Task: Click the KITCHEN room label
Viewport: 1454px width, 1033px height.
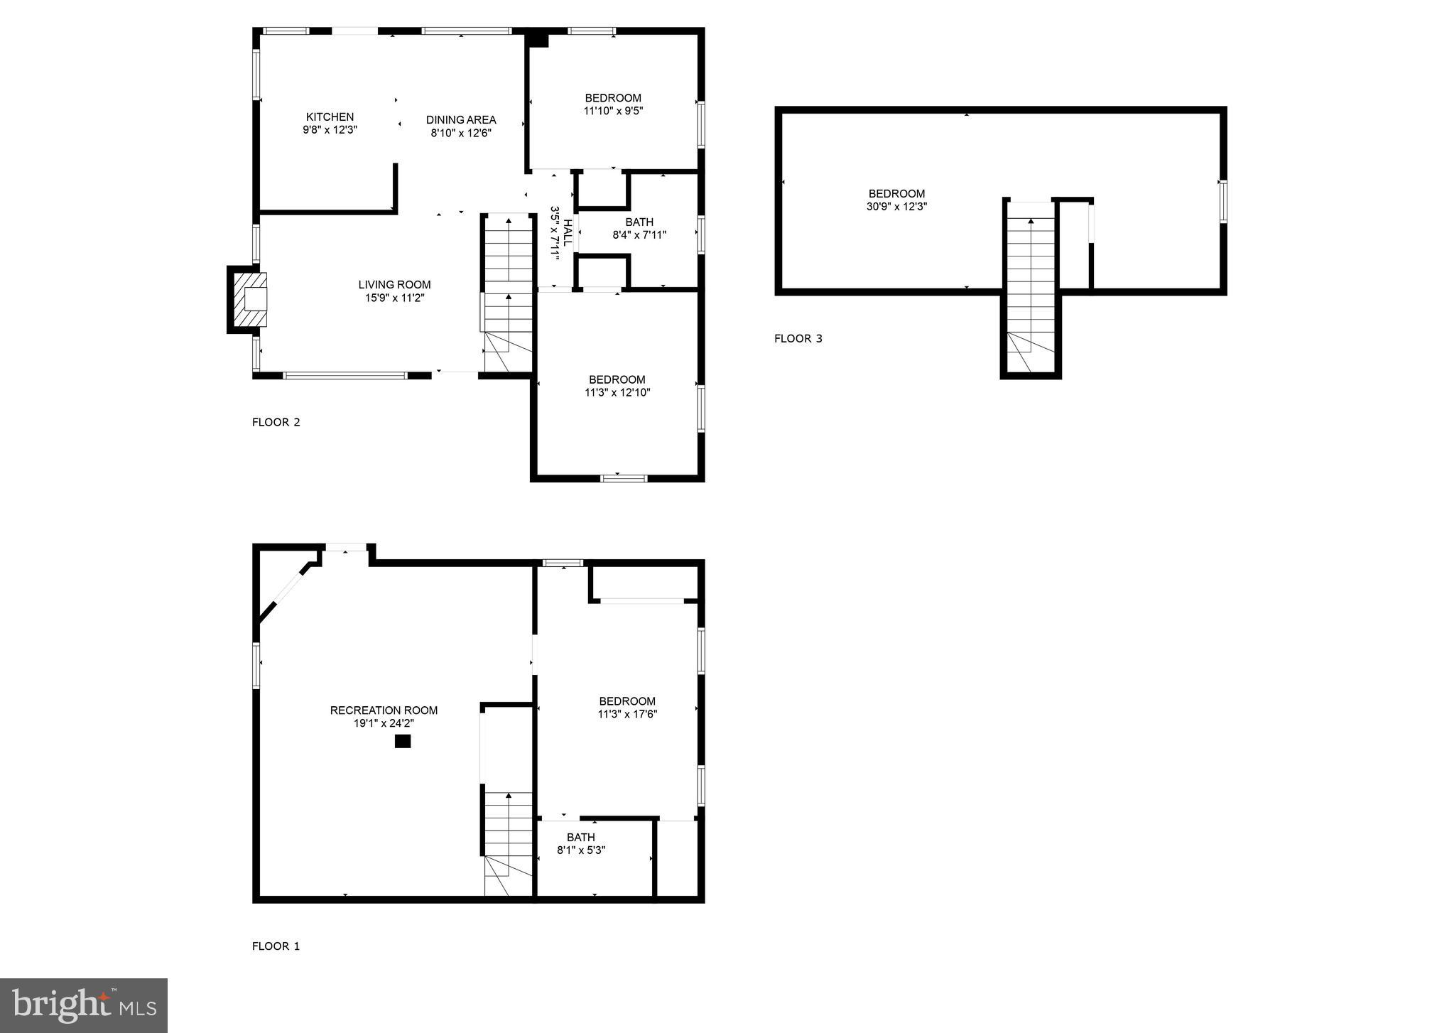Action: click(x=330, y=117)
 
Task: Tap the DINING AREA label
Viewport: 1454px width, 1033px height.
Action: click(x=461, y=119)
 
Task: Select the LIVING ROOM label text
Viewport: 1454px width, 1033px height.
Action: click(x=394, y=285)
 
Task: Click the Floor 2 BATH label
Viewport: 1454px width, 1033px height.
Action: click(x=639, y=222)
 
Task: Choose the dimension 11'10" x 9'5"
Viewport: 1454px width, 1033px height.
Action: click(x=613, y=111)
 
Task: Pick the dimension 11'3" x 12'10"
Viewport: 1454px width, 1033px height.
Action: click(x=617, y=392)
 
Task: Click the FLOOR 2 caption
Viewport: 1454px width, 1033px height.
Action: click(x=276, y=422)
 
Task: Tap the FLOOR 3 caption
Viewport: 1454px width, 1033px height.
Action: click(x=798, y=338)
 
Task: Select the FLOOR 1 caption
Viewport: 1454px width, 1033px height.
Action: click(x=276, y=946)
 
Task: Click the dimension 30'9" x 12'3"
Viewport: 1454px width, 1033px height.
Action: click(x=896, y=207)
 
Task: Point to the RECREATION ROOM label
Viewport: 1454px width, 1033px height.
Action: click(x=384, y=710)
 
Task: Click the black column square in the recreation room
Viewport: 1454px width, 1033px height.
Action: click(x=403, y=742)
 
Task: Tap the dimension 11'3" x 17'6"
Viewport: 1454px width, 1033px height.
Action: click(x=627, y=714)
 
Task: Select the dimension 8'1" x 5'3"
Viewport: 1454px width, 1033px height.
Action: click(x=581, y=850)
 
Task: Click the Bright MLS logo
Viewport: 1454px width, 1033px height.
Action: click(x=84, y=1005)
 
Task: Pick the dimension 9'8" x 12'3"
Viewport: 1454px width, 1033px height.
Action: click(x=330, y=130)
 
